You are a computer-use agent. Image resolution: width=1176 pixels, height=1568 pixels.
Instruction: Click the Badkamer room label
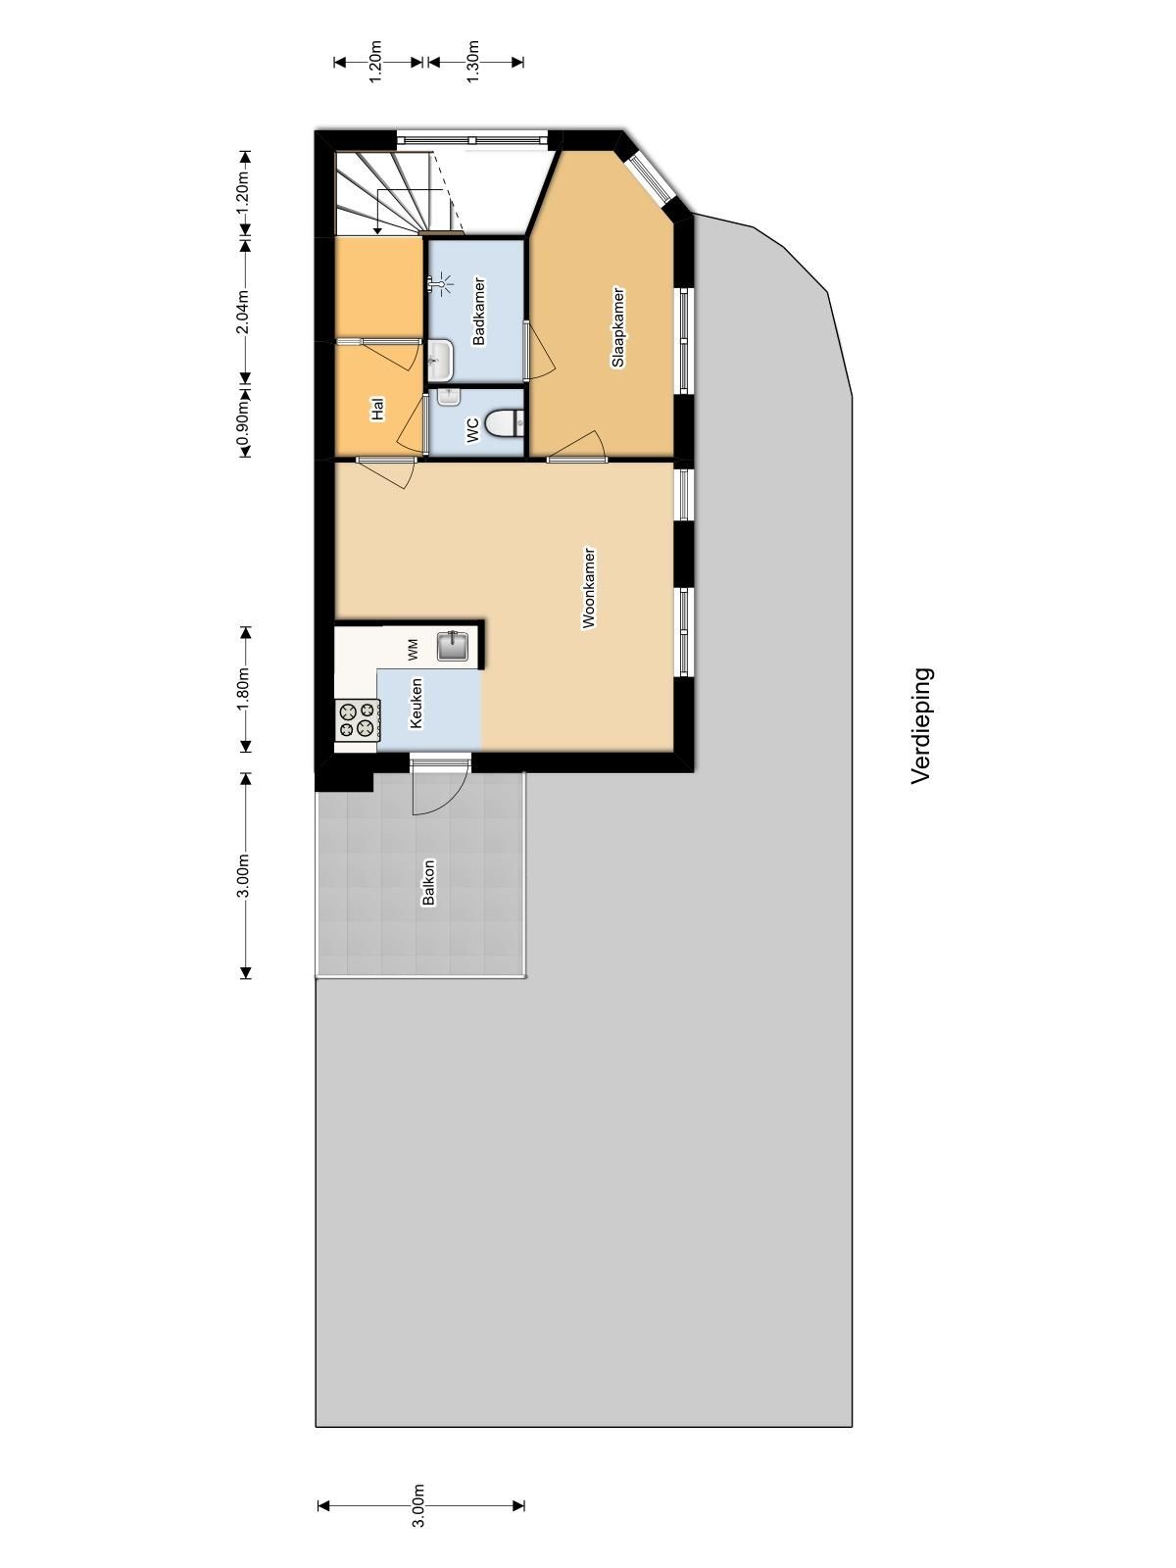[479, 312]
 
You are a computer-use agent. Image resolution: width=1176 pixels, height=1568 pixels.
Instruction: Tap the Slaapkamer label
[617, 327]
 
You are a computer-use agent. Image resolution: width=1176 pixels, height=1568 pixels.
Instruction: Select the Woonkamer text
[589, 587]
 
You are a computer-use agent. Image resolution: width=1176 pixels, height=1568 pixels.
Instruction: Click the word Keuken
[416, 702]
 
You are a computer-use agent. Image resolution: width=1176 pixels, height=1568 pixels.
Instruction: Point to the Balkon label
[428, 882]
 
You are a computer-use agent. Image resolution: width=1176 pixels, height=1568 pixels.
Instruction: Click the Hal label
[377, 409]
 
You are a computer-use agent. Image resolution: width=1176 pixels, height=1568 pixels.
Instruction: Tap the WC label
[471, 429]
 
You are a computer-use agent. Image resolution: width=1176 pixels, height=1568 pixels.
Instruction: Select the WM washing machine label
[413, 648]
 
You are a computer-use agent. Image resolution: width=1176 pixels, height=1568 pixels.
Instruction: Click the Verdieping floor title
[921, 725]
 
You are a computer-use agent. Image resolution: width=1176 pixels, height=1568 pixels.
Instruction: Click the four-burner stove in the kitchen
[357, 719]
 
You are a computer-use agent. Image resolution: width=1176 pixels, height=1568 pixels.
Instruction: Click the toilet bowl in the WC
[506, 422]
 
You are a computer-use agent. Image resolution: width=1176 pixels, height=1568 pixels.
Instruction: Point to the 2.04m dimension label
[243, 312]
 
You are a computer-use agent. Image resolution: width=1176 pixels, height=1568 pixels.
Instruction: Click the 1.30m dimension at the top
[472, 62]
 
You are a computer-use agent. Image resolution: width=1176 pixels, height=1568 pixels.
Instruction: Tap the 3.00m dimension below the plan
[419, 1505]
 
